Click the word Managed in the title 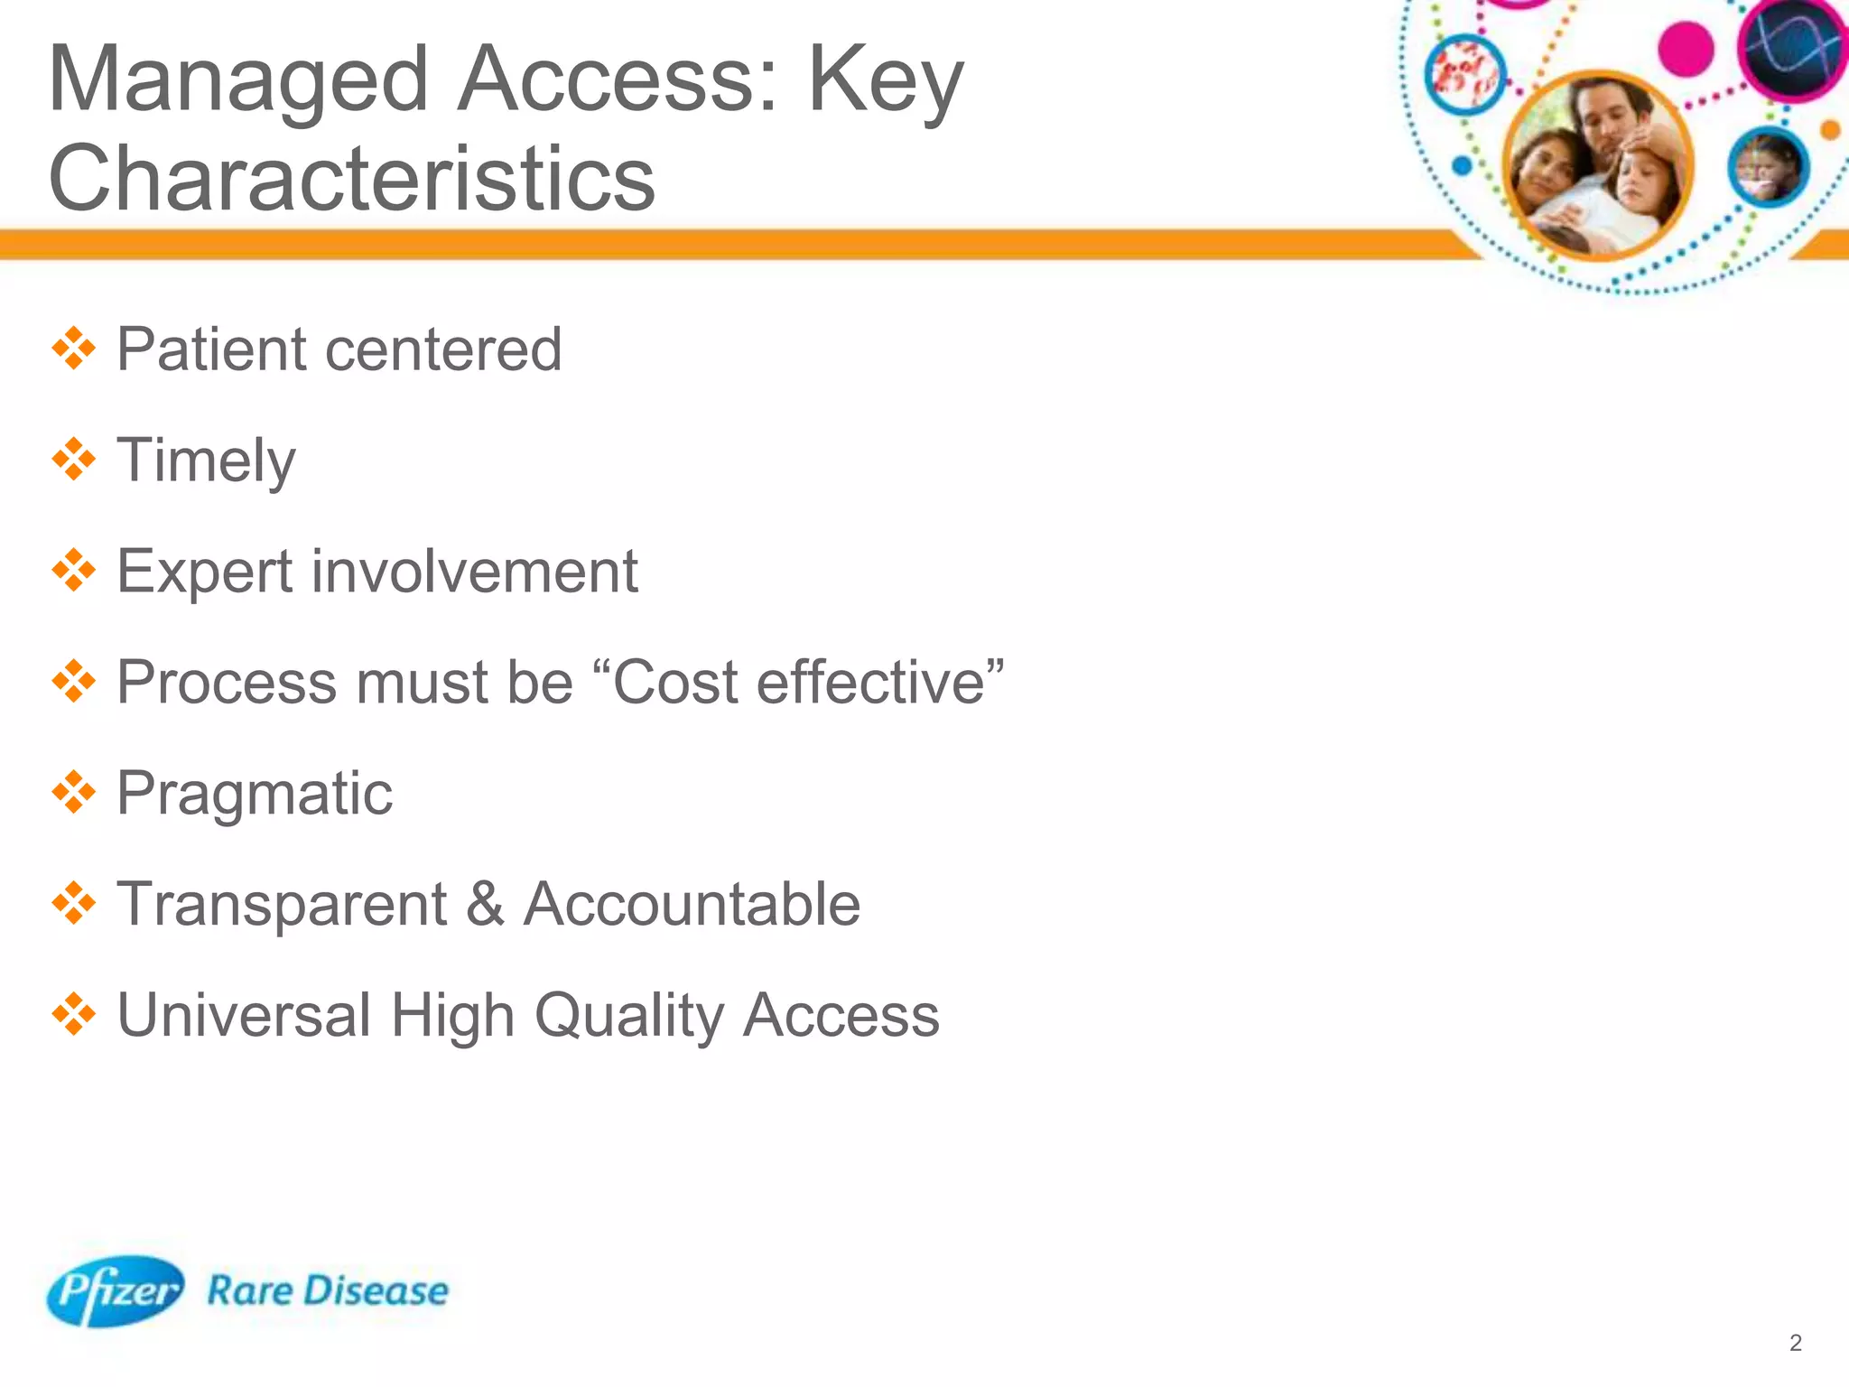(237, 81)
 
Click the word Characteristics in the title (352, 178)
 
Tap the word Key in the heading (885, 81)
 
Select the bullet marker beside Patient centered (74, 349)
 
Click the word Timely (206, 461)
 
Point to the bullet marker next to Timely (74, 460)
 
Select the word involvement (475, 571)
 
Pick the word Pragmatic (255, 794)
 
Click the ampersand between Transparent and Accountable (485, 904)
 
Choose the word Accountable (692, 904)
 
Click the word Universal (244, 1015)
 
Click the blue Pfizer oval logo (115, 1290)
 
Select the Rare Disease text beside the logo (328, 1290)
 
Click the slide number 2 (1795, 1343)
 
